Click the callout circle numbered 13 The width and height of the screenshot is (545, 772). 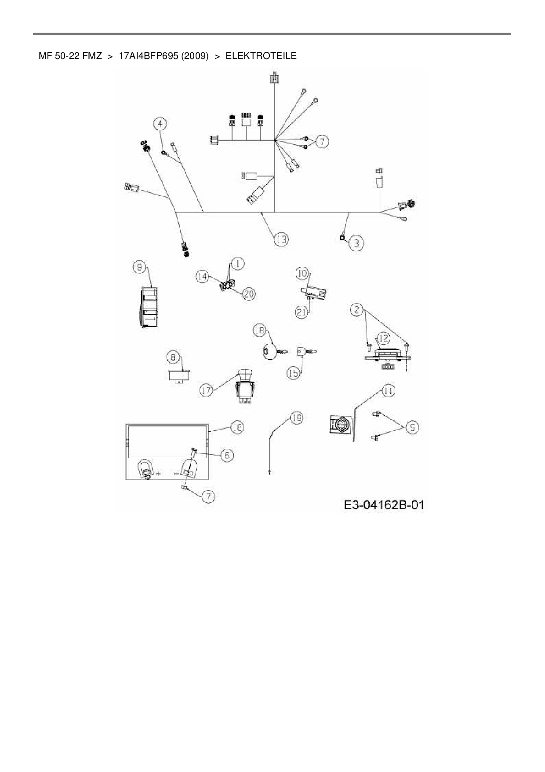[281, 239]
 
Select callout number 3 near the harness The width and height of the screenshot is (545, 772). [356, 243]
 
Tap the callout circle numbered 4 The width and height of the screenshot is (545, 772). [160, 124]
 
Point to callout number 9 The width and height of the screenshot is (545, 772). [139, 267]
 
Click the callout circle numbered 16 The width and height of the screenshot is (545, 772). [237, 427]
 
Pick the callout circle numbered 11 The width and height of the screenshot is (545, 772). [388, 390]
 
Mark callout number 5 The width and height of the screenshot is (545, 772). [412, 427]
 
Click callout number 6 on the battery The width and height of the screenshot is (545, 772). [227, 455]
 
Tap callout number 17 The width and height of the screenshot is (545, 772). [207, 390]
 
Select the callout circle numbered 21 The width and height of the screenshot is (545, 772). [301, 312]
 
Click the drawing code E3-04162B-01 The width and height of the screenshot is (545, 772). [384, 504]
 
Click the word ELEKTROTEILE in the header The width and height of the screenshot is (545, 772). [261, 56]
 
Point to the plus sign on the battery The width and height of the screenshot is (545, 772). [157, 474]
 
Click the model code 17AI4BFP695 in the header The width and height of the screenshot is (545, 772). [163, 56]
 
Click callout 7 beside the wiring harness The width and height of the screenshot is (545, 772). [322, 141]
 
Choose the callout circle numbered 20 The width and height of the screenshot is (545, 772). [249, 294]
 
